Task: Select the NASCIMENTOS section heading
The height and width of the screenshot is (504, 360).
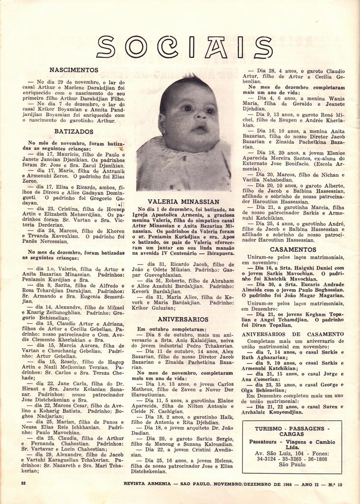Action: pos(74,70)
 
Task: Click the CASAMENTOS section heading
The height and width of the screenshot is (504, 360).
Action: pos(293,249)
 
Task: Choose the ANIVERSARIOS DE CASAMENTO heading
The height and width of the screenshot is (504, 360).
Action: pos(293,334)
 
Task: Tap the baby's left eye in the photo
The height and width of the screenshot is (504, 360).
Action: pos(208,111)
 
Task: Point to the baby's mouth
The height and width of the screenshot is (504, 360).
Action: pos(199,129)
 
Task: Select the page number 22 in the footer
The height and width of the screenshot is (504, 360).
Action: pos(23,483)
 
